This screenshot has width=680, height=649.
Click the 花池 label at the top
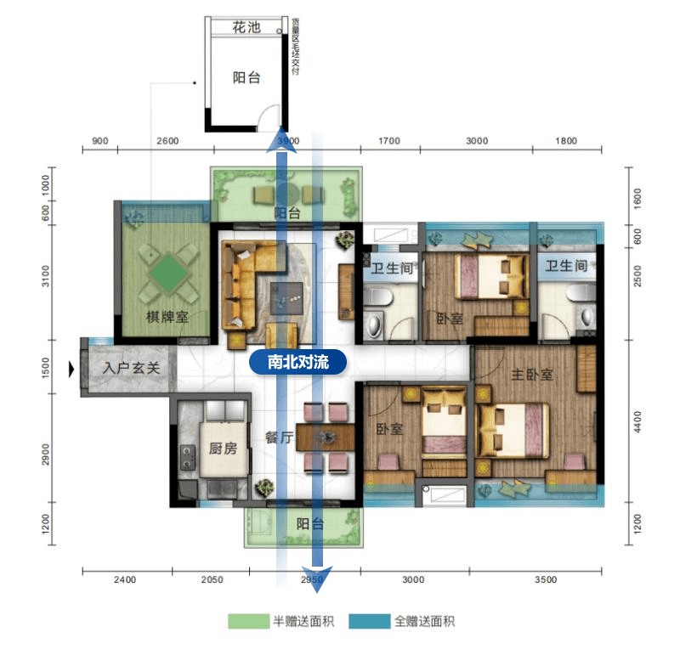[x=246, y=28]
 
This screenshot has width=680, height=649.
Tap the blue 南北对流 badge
[x=299, y=362]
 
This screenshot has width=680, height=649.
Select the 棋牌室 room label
[x=167, y=317]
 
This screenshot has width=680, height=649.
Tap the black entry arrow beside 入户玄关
[x=73, y=370]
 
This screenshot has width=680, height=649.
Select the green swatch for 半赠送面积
[x=247, y=622]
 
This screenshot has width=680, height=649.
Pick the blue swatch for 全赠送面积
[x=370, y=622]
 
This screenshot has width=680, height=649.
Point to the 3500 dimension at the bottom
[x=546, y=580]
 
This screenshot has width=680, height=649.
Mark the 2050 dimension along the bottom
[x=212, y=580]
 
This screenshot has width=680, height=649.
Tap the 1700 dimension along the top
[x=388, y=141]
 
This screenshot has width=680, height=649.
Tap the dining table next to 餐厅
[x=326, y=437]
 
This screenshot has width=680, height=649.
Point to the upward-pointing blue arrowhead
[x=280, y=140]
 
